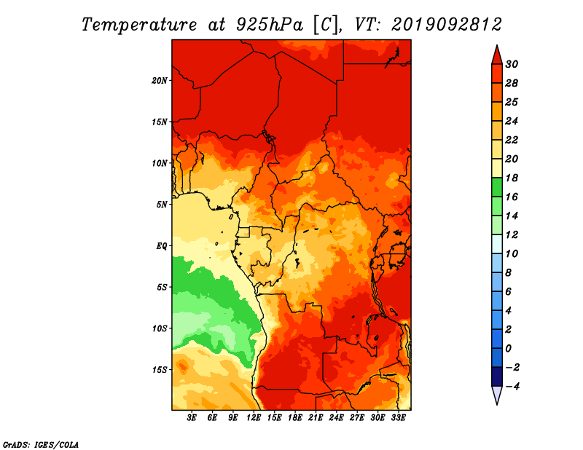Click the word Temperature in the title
(x=139, y=25)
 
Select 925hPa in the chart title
(x=270, y=25)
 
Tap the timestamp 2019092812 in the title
(x=447, y=25)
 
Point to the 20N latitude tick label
(x=160, y=81)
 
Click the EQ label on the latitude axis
(x=162, y=246)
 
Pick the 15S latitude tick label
(x=160, y=370)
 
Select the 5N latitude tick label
(x=162, y=205)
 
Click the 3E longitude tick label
(x=192, y=418)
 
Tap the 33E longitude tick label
(x=398, y=418)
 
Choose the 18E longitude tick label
(x=295, y=418)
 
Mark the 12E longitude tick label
(x=254, y=418)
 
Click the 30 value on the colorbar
(x=512, y=64)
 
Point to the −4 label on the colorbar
(x=512, y=387)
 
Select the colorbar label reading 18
(x=512, y=178)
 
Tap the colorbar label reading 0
(x=508, y=349)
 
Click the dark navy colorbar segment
(x=497, y=376)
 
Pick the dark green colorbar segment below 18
(x=497, y=187)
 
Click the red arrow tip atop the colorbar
(x=497, y=46)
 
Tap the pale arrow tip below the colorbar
(x=497, y=404)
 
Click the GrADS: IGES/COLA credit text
(x=41, y=444)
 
